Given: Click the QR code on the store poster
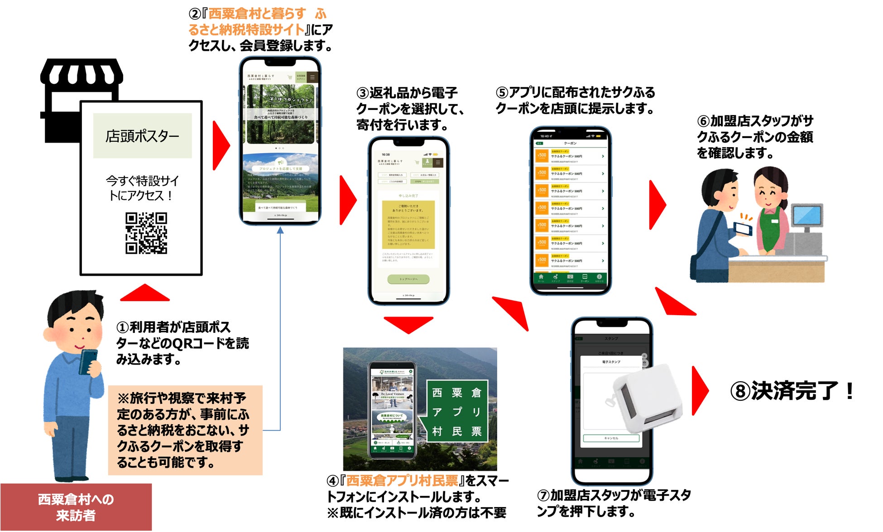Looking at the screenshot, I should point(146,233).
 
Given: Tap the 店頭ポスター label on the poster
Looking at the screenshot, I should point(142,136).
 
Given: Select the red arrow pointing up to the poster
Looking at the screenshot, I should point(144,293).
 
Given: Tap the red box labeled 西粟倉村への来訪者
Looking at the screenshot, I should point(76,507).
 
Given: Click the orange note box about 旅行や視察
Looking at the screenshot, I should point(185,430).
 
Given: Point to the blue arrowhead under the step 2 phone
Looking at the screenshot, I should point(280,230).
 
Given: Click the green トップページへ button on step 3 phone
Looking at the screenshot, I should point(408,279).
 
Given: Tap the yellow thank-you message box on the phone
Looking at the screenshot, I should point(408,225).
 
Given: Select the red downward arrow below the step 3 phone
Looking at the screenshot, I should point(408,324).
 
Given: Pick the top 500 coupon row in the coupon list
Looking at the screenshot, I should point(570,156).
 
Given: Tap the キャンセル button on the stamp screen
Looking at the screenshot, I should point(611,438).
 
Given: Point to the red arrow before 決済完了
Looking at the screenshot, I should point(700,390).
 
